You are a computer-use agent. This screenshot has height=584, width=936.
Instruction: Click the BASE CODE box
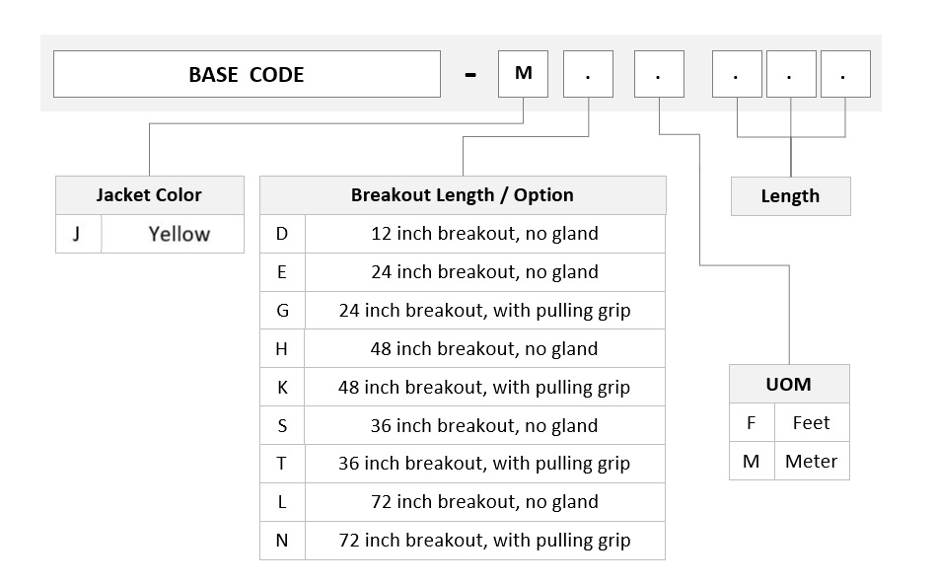[x=247, y=74]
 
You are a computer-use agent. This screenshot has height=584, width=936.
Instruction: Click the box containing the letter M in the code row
[x=523, y=74]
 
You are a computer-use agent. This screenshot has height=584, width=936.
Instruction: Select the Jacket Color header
[x=150, y=195]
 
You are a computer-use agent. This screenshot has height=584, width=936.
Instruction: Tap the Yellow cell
[x=173, y=234]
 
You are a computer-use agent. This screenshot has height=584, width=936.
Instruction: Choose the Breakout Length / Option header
[x=463, y=195]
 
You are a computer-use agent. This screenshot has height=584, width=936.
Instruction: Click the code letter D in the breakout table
[x=282, y=234]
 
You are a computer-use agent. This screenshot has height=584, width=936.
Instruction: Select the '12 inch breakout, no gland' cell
[x=484, y=234]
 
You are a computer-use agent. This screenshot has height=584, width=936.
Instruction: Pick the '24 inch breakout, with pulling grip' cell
[x=484, y=311]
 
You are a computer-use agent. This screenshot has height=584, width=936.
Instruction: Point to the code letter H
[x=282, y=349]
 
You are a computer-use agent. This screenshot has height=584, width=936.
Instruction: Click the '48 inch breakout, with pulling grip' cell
[x=484, y=387]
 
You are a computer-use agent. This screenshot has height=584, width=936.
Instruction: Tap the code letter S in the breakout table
[x=282, y=425]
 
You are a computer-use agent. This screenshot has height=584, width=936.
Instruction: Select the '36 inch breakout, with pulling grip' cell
[x=484, y=464]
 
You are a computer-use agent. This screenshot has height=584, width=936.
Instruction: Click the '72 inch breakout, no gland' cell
[x=484, y=502]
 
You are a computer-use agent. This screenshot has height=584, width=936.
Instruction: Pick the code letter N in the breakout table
[x=282, y=541]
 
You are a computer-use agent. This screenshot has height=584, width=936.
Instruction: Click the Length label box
[x=790, y=196]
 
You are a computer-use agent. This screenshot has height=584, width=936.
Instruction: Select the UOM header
[x=789, y=384]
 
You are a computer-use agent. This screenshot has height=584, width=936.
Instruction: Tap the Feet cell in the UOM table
[x=812, y=423]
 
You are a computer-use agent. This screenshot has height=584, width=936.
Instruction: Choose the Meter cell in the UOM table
[x=812, y=461]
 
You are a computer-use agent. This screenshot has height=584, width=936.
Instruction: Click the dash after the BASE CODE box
[x=470, y=75]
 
